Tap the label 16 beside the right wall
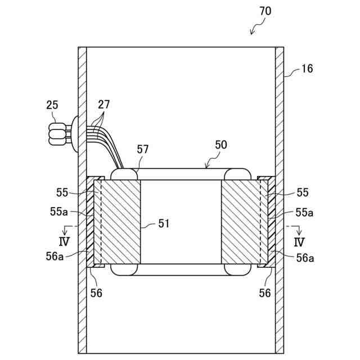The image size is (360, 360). pyautogui.click(x=307, y=69)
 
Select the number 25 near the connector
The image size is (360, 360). pyautogui.click(x=52, y=105)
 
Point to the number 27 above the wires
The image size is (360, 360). pyautogui.click(x=103, y=104)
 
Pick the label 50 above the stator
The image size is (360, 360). pyautogui.click(x=220, y=145)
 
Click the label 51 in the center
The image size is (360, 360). pyautogui.click(x=163, y=224)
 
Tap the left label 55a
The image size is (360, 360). pyautogui.click(x=59, y=212)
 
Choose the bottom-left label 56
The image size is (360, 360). pyautogui.click(x=97, y=292)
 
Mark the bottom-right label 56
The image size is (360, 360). pyautogui.click(x=264, y=292)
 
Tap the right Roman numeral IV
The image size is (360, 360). pyautogui.click(x=299, y=242)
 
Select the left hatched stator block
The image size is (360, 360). pyautogui.click(x=119, y=222)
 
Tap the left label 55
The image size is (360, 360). pyautogui.click(x=62, y=192)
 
